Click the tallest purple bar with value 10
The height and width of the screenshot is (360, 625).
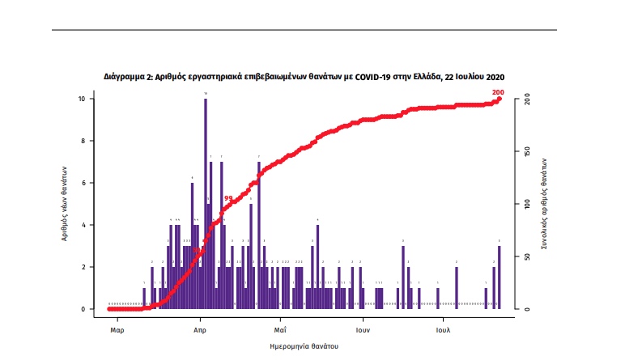(x=206, y=202)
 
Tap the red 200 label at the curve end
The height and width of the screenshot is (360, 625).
(x=498, y=92)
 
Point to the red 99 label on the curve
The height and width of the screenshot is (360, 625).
(x=228, y=198)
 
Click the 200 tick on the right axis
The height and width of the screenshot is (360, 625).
(x=527, y=99)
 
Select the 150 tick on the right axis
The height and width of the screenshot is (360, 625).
(x=527, y=151)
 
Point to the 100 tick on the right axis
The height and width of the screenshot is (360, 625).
(x=527, y=204)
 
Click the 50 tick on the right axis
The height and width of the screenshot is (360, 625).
(x=527, y=256)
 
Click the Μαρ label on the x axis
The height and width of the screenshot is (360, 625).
(x=117, y=330)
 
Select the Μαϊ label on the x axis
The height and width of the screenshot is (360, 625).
(x=280, y=330)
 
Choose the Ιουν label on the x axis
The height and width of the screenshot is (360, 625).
(x=363, y=330)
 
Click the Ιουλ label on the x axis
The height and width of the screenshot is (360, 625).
(x=443, y=330)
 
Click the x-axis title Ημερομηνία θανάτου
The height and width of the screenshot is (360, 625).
(x=304, y=346)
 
